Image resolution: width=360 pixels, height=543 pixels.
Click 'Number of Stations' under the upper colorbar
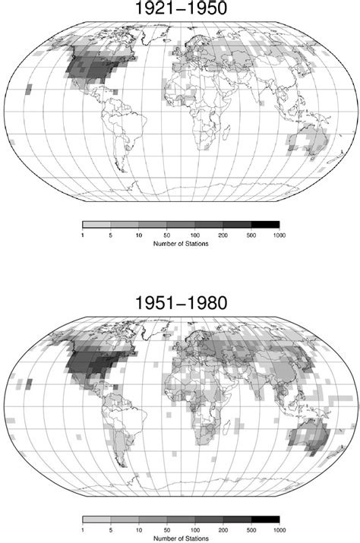[x=180, y=245]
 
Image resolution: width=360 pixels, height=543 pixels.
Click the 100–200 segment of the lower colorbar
[x=208, y=520]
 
